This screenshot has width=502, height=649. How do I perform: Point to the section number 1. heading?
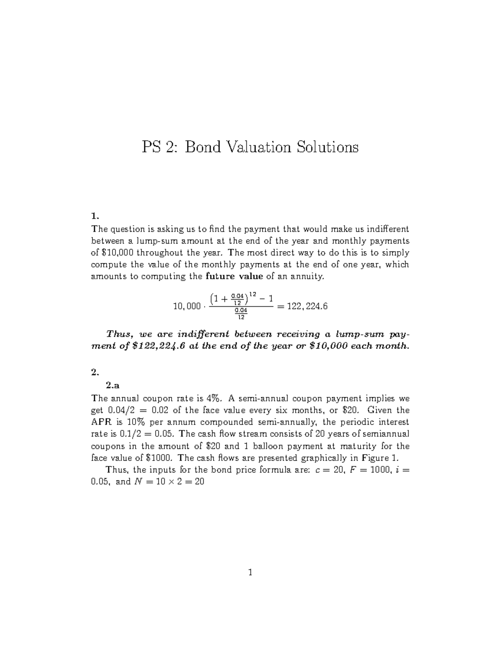[95, 216]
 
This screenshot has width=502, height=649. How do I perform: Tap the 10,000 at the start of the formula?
[187, 307]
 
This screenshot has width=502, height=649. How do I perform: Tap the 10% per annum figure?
[135, 422]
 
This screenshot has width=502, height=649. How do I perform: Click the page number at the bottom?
[250, 573]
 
